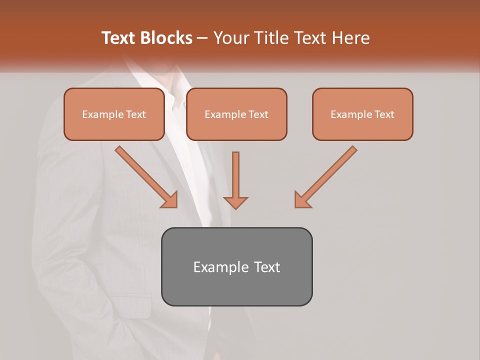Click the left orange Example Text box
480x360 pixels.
click(114, 114)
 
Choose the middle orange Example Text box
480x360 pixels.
click(236, 114)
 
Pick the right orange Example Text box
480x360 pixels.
click(362, 114)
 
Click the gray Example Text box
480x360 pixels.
click(236, 266)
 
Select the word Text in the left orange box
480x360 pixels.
click(135, 114)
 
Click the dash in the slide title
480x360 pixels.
click(202, 38)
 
